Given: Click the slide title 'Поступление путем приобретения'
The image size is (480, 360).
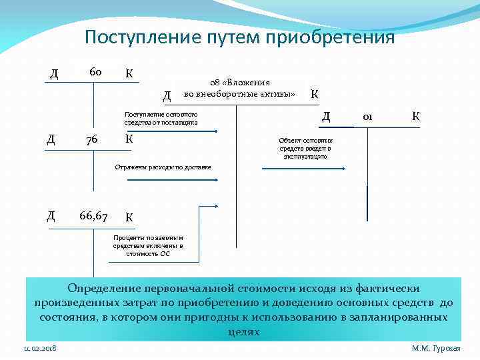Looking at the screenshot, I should point(240,37).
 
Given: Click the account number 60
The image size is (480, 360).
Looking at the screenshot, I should point(93,71).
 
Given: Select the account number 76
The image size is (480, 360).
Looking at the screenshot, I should point(91,139).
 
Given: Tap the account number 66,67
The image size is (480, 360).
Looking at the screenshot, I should point(93,215).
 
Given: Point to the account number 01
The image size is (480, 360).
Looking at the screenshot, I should point(367,117).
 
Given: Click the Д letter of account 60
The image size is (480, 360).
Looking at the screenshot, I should point(53,72).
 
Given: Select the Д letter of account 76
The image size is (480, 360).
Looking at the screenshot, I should point(51,139).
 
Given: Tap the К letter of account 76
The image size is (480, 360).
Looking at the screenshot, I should point(129,139).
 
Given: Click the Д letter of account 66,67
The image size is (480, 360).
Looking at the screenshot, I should point(51,215).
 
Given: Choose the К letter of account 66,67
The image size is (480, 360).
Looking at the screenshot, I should point(129,217).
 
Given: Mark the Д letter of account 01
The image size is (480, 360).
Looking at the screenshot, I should point(326,117).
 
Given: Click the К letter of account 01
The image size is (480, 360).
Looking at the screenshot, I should point(415,117).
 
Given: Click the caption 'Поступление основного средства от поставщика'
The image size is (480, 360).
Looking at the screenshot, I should point(161,119).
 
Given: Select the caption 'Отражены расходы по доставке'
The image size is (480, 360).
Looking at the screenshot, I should point(163,167).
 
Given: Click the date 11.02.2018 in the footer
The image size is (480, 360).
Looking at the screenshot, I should point(40,349).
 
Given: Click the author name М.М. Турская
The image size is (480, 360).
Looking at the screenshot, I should point(437,349).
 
